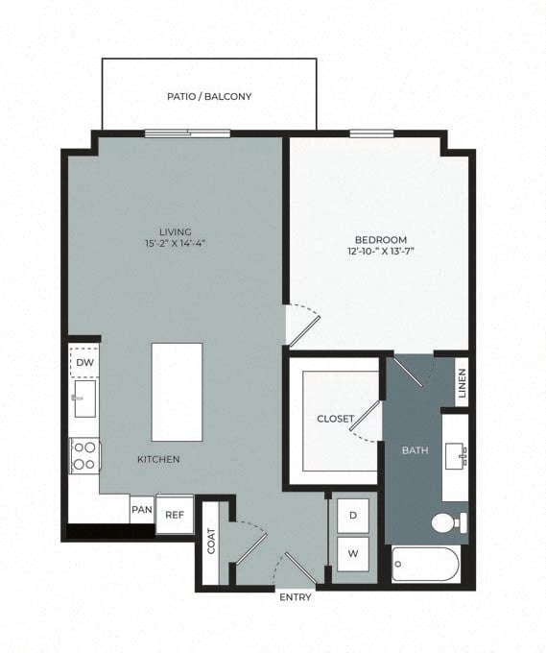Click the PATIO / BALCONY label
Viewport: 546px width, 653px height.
tap(208, 97)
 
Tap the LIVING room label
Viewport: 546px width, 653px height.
tap(176, 231)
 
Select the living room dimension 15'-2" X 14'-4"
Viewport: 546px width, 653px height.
tap(176, 244)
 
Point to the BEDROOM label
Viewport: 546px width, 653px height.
tap(381, 239)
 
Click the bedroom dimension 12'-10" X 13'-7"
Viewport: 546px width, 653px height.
tap(381, 252)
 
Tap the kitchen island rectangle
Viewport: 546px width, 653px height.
tap(177, 391)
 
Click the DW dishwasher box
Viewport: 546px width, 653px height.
tap(84, 362)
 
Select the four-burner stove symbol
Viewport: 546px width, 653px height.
tap(84, 455)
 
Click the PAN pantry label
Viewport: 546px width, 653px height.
tap(141, 510)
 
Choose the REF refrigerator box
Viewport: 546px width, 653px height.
tap(175, 515)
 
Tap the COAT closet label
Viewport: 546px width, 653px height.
tap(211, 542)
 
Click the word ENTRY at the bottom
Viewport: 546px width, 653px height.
tap(295, 597)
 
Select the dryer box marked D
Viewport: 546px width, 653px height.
tap(353, 516)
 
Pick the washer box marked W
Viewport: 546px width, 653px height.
tap(353, 553)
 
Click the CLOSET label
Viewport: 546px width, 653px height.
tap(336, 419)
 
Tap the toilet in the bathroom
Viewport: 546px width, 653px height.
tap(447, 523)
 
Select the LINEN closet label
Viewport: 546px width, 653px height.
tap(462, 383)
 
